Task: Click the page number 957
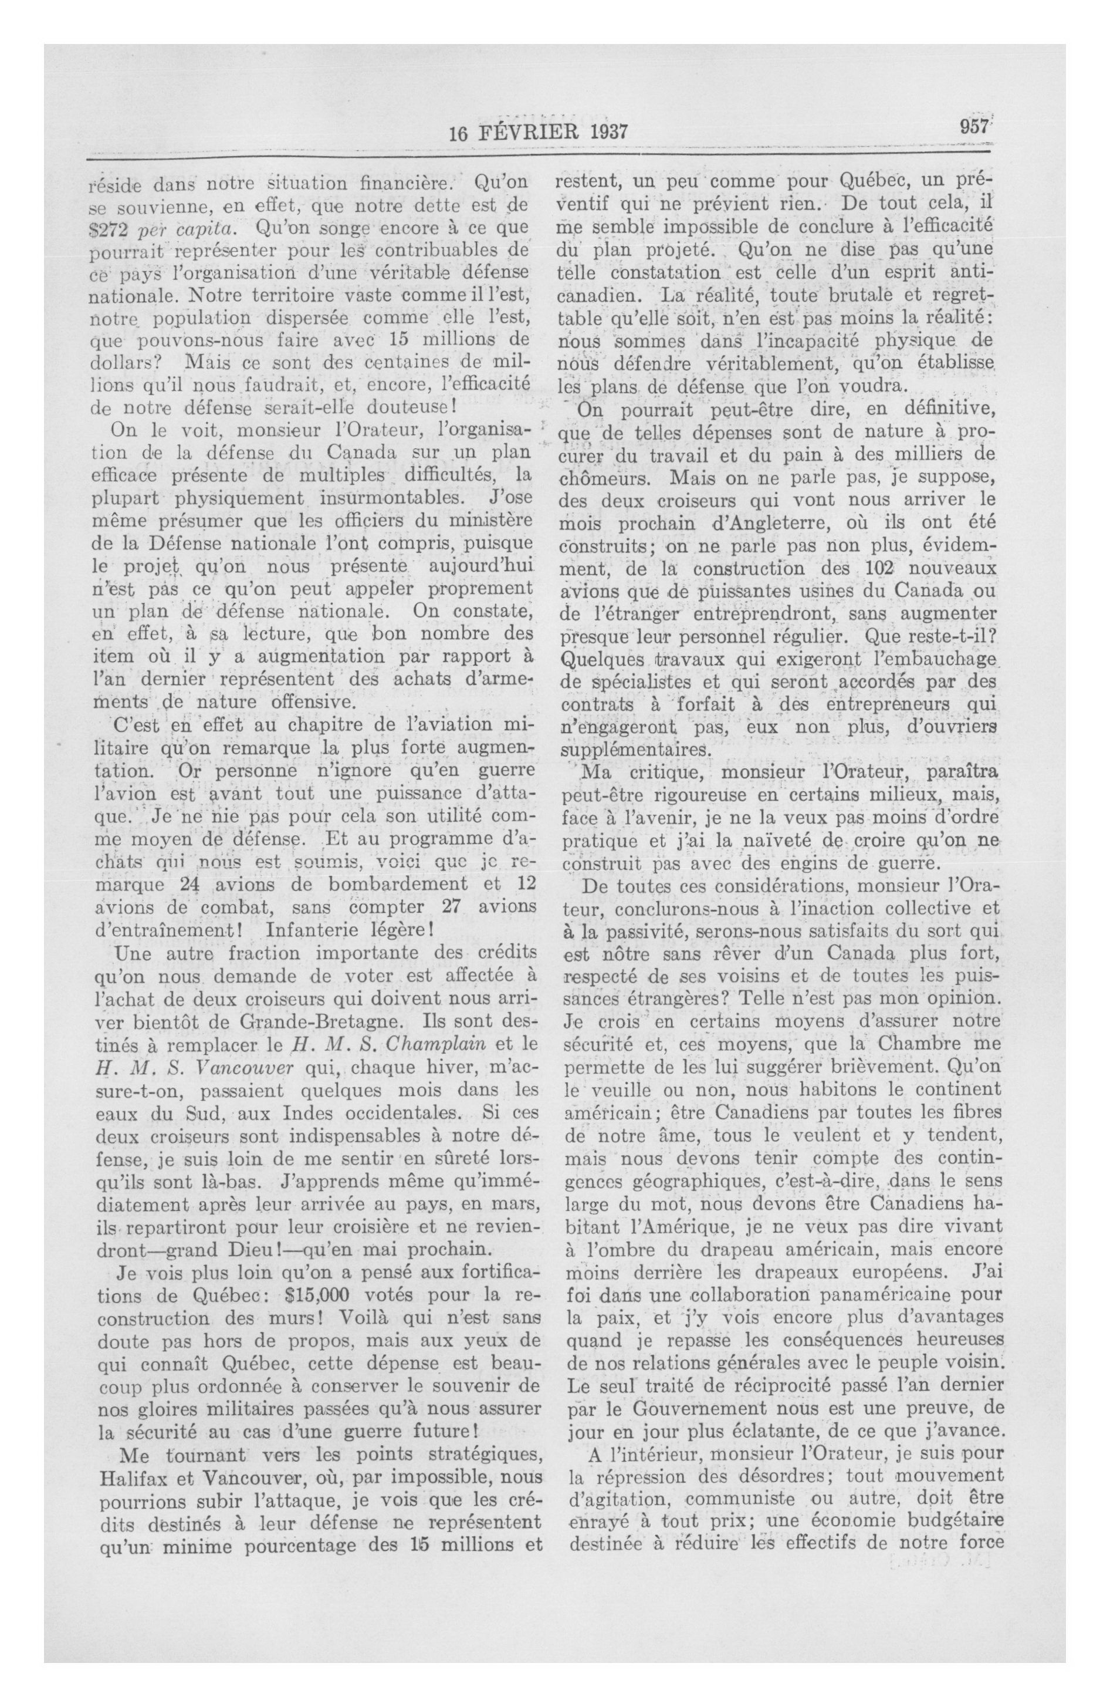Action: (974, 127)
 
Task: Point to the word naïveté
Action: (742, 841)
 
